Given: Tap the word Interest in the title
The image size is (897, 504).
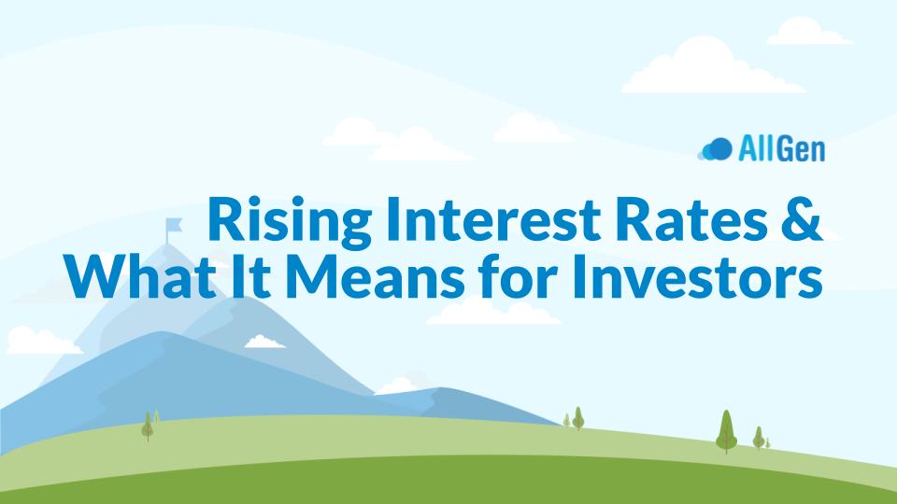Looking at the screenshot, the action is (493, 218).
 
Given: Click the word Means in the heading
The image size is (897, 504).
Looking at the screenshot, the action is (375, 276).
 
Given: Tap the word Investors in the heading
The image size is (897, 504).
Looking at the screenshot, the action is (697, 276).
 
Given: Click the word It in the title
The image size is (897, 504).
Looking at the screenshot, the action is (250, 276).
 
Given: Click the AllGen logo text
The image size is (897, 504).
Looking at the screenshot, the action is (781, 149).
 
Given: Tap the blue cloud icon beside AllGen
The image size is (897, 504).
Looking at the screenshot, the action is (715, 149).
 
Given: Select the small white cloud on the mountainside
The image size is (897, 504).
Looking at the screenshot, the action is (264, 342).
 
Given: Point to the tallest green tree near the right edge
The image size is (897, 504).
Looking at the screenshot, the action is (727, 431).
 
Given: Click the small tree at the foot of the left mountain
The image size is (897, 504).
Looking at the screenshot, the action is (148, 427).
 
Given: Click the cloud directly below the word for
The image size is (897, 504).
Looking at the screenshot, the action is (493, 312).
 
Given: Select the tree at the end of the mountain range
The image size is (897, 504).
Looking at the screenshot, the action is (577, 418).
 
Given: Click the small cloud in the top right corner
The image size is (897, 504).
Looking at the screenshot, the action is (807, 32).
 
